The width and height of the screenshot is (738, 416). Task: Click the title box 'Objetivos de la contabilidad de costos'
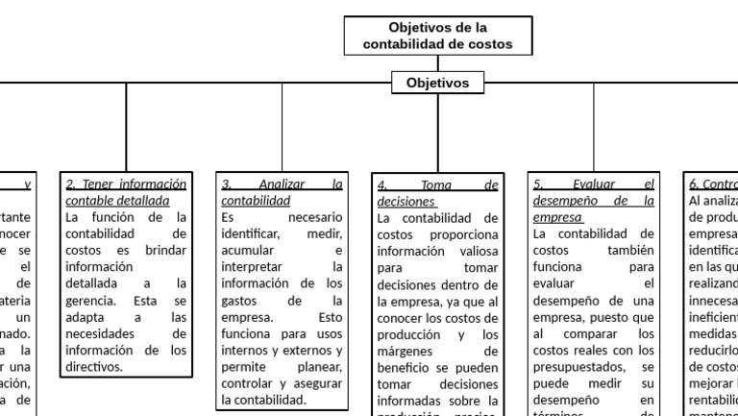[x=437, y=36]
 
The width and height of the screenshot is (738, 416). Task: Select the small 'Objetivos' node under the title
[x=437, y=84]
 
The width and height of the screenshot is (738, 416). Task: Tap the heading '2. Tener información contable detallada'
[x=126, y=192]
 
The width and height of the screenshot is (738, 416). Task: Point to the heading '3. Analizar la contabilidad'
[x=282, y=192]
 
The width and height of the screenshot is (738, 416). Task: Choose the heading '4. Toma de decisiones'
[x=437, y=193]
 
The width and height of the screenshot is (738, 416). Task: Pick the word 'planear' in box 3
[x=314, y=366]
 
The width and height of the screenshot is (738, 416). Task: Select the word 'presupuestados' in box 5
[x=579, y=366]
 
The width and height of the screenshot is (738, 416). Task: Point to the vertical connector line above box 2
[x=126, y=125]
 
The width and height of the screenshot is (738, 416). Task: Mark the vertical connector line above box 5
[x=593, y=125]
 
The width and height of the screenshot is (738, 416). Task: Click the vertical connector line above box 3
[x=282, y=125]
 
